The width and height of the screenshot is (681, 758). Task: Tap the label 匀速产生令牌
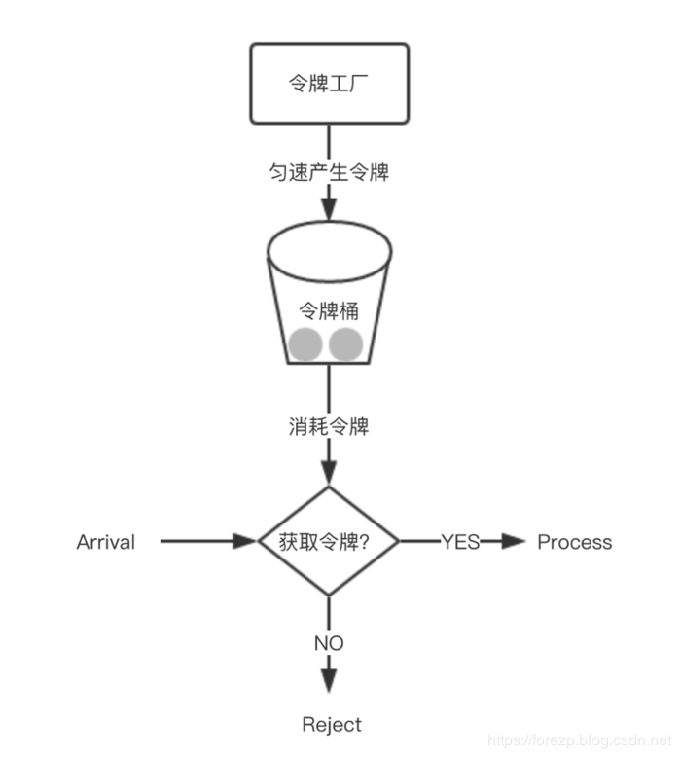click(x=329, y=172)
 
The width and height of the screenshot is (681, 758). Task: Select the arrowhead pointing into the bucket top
click(x=329, y=211)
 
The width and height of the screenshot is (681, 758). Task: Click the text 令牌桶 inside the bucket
click(x=328, y=311)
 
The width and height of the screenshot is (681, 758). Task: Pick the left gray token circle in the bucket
click(x=305, y=344)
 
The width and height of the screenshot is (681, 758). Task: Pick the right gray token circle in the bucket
click(x=346, y=344)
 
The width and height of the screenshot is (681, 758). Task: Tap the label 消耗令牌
click(x=329, y=426)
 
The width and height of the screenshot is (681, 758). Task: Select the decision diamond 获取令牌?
click(x=329, y=541)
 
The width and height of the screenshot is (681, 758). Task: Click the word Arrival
click(x=105, y=542)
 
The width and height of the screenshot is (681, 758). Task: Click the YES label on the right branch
click(x=460, y=542)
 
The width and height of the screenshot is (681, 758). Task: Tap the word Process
click(x=575, y=542)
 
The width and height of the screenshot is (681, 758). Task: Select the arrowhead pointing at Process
click(x=514, y=542)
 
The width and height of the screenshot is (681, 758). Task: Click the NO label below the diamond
click(x=329, y=643)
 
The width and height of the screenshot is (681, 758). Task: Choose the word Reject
click(x=332, y=725)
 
